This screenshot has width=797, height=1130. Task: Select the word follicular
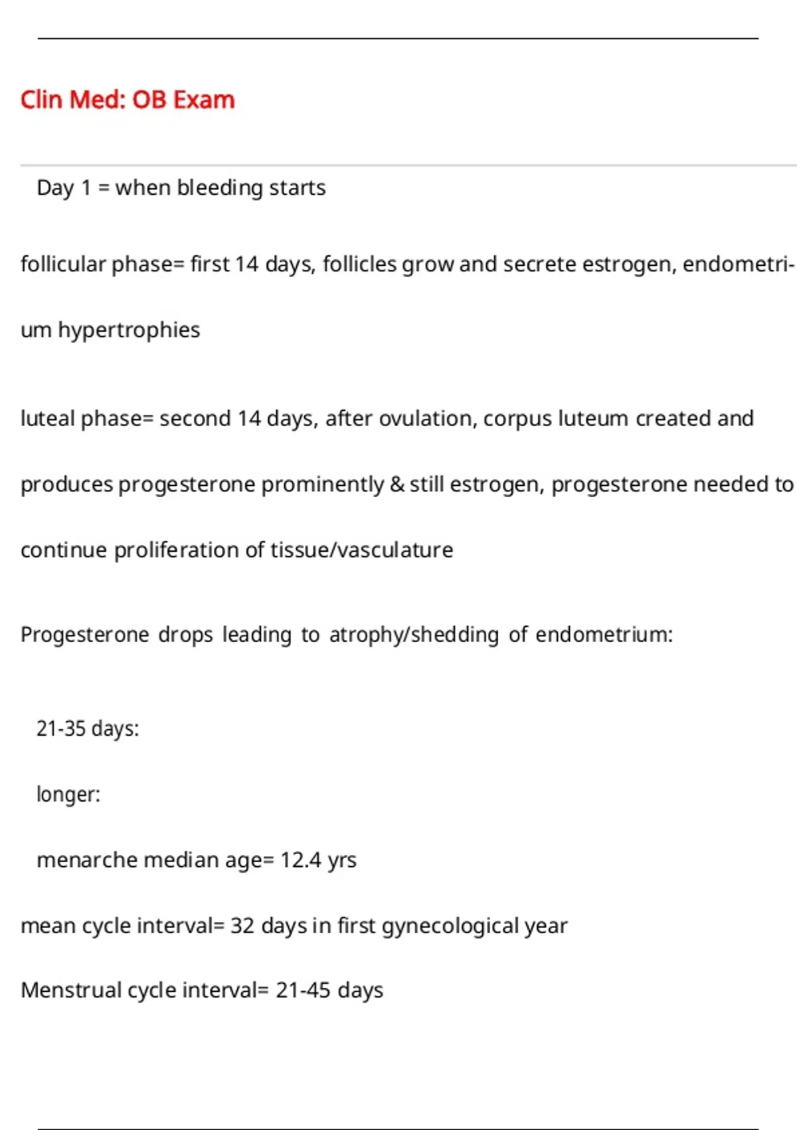coord(63,264)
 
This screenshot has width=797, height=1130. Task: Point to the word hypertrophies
coord(129,330)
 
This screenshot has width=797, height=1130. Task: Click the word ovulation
coord(427,419)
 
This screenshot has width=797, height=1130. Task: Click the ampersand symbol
coord(397,484)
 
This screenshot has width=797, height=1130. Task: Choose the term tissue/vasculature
coord(361,550)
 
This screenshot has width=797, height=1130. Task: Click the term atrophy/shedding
coord(414,635)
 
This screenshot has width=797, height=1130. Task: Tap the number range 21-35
coord(61,729)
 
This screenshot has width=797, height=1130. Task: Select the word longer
coord(67,794)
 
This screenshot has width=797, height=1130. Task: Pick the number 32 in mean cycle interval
coord(242,926)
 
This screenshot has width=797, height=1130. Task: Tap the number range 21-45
coord(303,990)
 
